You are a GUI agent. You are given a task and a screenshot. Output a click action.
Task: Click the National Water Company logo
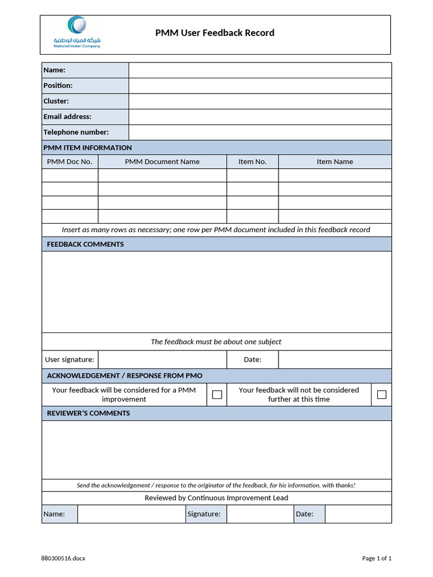(77, 32)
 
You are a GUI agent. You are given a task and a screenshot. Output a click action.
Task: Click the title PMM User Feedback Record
(215, 33)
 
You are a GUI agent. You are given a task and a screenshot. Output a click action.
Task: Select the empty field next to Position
(260, 86)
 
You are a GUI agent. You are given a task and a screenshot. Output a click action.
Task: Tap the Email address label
(67, 117)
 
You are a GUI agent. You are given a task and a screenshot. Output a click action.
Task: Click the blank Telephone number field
(260, 132)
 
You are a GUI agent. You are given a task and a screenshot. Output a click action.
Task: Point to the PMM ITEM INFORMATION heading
(87, 148)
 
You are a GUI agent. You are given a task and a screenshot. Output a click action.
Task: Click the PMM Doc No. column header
(69, 162)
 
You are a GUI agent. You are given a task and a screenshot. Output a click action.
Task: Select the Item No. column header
(252, 162)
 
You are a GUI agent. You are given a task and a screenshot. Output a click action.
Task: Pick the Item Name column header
(334, 162)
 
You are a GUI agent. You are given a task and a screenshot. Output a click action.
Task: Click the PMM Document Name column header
(162, 162)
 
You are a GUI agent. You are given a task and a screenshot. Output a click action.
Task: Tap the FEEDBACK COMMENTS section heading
(85, 244)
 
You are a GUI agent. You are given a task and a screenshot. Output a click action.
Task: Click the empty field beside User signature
(162, 359)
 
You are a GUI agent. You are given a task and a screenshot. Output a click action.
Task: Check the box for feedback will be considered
(217, 395)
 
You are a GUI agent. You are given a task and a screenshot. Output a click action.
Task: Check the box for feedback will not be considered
(382, 395)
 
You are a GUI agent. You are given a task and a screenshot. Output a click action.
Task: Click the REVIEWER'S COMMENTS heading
(88, 413)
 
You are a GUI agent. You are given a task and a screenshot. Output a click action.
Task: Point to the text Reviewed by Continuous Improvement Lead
(216, 498)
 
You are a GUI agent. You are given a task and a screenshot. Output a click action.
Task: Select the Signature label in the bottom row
(204, 514)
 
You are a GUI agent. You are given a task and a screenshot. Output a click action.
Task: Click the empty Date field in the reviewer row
(358, 514)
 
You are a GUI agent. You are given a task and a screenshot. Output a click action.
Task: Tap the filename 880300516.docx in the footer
(63, 558)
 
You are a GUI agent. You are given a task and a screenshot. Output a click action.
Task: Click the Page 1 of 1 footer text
(376, 558)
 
